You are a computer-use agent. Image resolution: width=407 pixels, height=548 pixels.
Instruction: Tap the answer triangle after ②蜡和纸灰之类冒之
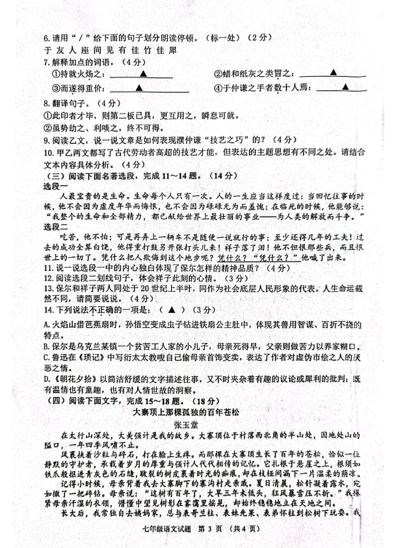[x=333, y=72]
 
